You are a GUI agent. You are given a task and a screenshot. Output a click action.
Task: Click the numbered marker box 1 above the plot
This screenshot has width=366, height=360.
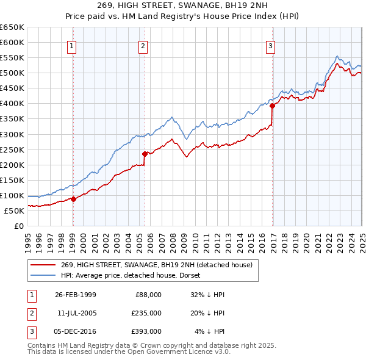pos(72,46)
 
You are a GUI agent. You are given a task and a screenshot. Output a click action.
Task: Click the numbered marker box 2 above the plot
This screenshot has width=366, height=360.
pos(143,46)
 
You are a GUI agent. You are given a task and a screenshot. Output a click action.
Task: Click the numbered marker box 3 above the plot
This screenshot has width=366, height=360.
pos(270,46)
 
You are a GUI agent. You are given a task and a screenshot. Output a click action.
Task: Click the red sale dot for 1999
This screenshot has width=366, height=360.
pos(73,199)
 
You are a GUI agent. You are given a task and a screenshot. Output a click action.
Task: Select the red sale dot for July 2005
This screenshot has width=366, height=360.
pos(145,154)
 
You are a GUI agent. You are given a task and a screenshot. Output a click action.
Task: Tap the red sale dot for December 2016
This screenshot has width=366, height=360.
pos(273,106)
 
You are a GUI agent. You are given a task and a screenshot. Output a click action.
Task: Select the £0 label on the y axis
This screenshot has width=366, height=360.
pos(19,226)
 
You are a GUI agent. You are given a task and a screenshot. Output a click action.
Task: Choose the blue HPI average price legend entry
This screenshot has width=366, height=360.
pos(135,275)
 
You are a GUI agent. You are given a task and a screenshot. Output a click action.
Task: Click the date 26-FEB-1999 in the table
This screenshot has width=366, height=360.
pos(76,295)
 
